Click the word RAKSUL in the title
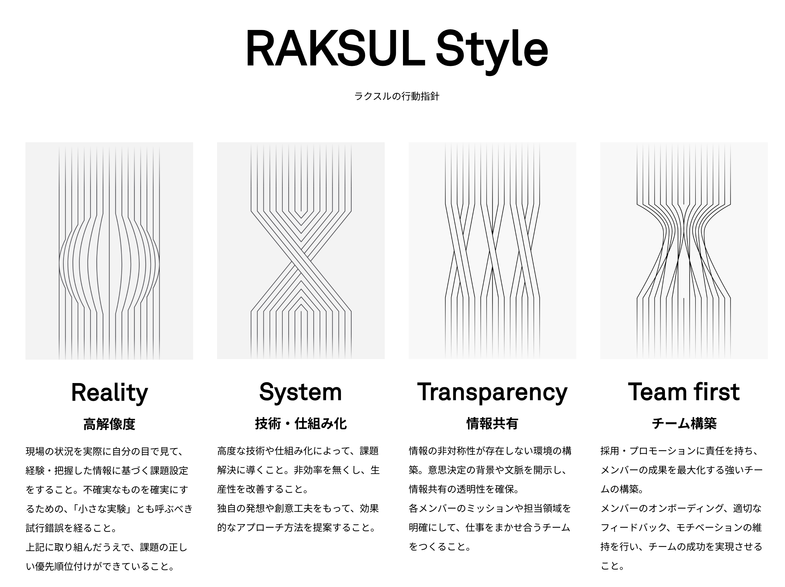pos(336,48)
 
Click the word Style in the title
pos(492,52)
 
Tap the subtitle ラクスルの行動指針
pos(397,96)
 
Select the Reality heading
pos(109,393)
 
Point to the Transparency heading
pos(492,393)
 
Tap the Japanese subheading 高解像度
pos(109,424)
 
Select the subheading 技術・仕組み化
pos(301,423)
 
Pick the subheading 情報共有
pos(492,423)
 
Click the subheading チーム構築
pos(684,423)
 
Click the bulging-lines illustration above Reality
pos(109,251)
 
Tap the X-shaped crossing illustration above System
pos(301,251)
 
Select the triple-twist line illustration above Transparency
pos(492,251)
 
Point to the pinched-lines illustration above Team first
pos(684,251)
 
